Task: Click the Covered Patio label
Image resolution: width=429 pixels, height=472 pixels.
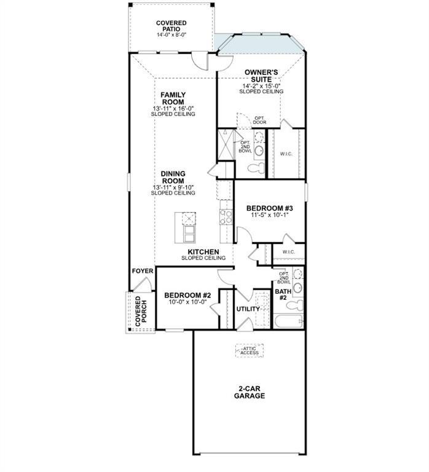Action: tap(171, 26)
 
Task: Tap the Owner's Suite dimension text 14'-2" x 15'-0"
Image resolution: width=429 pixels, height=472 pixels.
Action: tap(261, 85)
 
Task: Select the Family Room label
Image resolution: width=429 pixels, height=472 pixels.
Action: tap(173, 98)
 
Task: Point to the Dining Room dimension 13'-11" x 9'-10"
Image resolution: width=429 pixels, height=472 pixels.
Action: tap(173, 187)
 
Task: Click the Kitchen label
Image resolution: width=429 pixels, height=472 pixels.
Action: tap(203, 251)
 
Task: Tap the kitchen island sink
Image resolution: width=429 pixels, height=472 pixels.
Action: tap(189, 219)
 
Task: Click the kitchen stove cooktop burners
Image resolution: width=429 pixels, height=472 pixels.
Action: tap(226, 217)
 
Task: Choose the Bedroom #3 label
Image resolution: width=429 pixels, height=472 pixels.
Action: tap(270, 208)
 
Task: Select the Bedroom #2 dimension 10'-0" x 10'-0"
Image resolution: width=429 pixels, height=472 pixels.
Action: tap(188, 302)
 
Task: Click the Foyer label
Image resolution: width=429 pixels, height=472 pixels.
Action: tap(143, 271)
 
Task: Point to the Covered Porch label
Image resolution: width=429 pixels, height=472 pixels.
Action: tap(141, 311)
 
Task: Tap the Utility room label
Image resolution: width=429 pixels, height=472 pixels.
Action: tap(248, 309)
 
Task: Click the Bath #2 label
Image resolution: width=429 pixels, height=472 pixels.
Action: tap(283, 295)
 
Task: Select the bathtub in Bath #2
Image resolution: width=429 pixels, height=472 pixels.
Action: tap(288, 321)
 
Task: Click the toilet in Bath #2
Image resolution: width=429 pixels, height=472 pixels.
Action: tap(296, 305)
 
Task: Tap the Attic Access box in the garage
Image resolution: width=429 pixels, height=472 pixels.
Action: tap(250, 351)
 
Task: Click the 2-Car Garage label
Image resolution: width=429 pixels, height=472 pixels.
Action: tap(250, 392)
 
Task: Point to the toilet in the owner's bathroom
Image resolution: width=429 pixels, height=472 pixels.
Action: tap(256, 167)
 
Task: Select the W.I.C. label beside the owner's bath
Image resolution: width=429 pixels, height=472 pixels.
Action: tap(286, 154)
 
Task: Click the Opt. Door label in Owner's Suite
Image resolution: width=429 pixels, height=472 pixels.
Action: tap(259, 120)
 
